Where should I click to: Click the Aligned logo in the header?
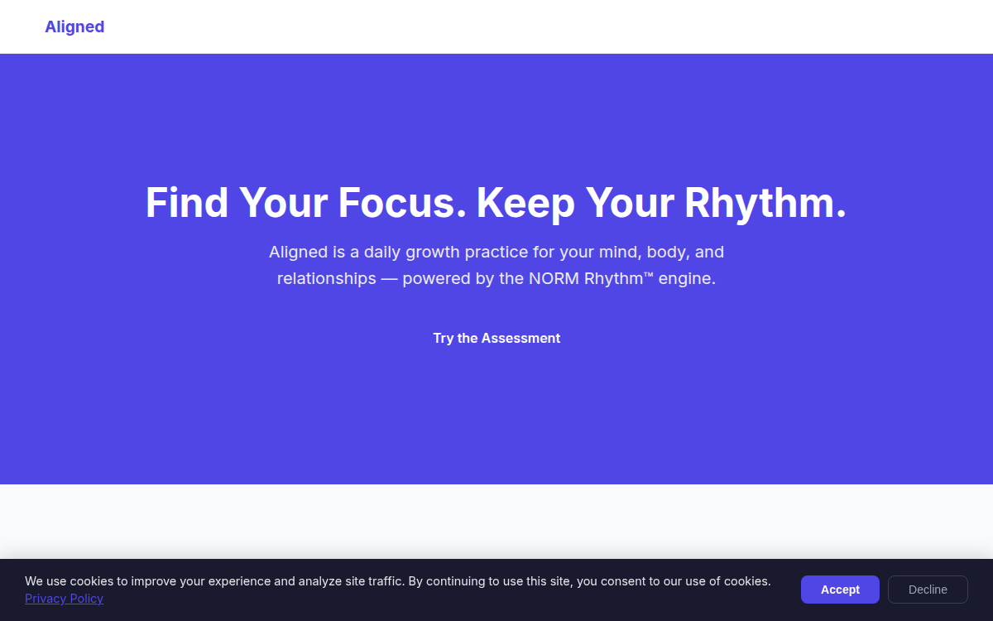74,26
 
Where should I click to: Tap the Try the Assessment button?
496,338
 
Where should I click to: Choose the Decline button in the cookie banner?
928,590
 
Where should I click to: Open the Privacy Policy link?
64,599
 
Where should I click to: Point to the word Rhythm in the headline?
759,203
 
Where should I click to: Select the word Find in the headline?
187,203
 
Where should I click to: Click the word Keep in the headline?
525,203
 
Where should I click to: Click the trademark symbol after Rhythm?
648,275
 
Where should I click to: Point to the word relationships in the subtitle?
326,278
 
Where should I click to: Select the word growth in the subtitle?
432,252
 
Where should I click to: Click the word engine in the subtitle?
684,278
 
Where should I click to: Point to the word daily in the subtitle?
381,252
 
